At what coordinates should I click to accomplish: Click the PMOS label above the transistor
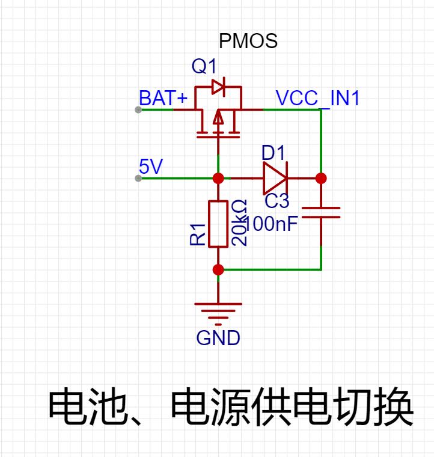[x=248, y=41]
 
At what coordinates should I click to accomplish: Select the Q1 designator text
[x=204, y=66]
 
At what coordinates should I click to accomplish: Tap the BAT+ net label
[x=163, y=98]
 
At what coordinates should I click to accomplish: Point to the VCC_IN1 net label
[x=317, y=98]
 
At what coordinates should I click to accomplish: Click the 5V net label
[x=151, y=166]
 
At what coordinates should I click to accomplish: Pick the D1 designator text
[x=274, y=152]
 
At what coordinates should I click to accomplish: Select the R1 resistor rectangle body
[x=218, y=224]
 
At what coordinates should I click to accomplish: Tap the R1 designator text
[x=198, y=235]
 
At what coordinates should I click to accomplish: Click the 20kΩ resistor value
[x=239, y=222]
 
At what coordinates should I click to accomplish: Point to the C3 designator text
[x=277, y=201]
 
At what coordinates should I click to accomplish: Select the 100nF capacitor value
[x=271, y=224]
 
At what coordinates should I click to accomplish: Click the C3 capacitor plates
[x=321, y=212]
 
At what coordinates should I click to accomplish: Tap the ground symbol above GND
[x=218, y=314]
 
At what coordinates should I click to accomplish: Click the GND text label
[x=218, y=338]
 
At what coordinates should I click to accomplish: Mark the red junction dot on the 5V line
[x=218, y=178]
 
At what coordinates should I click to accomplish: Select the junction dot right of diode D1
[x=321, y=178]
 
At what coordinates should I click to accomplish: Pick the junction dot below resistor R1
[x=218, y=269]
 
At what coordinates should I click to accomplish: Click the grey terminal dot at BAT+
[x=138, y=109]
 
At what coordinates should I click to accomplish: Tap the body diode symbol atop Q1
[x=218, y=87]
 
